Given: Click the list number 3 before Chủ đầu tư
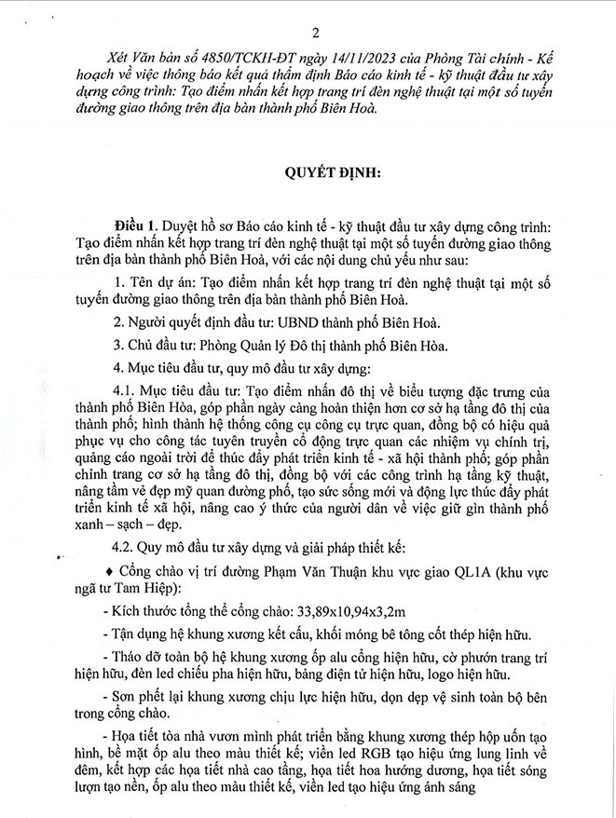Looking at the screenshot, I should [x=116, y=345].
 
